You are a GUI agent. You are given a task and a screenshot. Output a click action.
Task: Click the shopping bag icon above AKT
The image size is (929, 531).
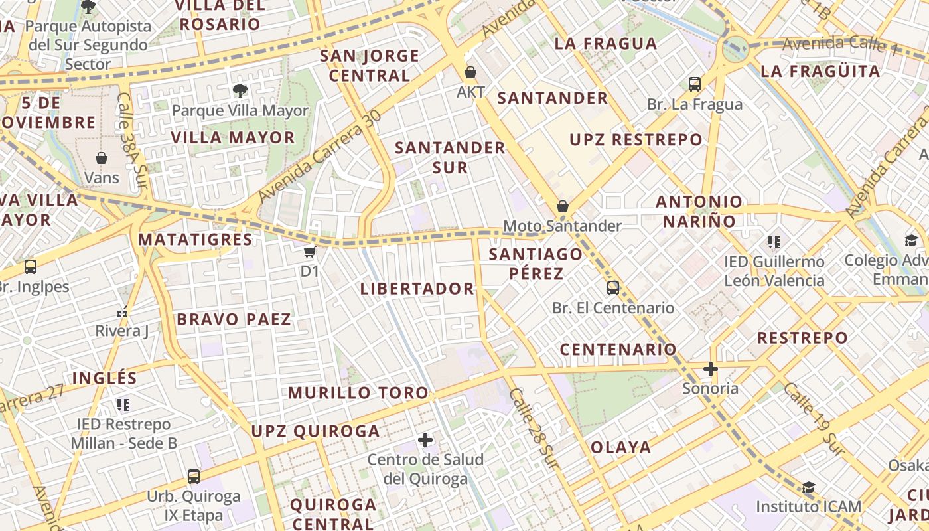(470, 72)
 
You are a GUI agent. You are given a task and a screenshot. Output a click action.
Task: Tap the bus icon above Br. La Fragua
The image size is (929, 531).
(695, 84)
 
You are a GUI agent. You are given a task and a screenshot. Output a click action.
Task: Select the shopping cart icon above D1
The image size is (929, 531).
(309, 252)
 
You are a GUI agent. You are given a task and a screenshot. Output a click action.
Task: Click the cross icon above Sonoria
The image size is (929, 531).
(711, 368)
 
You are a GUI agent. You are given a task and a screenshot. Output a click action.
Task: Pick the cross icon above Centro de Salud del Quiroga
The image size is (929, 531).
(425, 439)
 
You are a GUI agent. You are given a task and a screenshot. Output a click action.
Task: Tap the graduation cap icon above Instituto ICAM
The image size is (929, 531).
(808, 488)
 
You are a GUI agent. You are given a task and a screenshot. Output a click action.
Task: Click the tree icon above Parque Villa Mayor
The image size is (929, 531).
(240, 90)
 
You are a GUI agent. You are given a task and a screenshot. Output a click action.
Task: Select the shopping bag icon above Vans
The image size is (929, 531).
(102, 158)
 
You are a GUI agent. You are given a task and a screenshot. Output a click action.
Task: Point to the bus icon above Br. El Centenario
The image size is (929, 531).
(613, 288)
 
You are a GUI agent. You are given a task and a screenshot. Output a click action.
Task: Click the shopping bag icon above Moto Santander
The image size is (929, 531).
(563, 206)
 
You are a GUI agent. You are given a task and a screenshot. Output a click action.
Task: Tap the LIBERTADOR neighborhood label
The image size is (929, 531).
(417, 289)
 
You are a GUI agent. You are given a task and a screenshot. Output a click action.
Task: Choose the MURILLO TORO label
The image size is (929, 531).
(358, 392)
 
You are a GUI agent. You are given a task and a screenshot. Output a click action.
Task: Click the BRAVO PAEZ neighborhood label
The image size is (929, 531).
(234, 319)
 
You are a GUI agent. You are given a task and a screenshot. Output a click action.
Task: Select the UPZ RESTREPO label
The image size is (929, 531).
(636, 139)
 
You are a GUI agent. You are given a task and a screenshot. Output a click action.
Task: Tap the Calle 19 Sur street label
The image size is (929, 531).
(814, 419)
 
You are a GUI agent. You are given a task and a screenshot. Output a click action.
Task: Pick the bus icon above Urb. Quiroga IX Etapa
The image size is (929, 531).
(194, 476)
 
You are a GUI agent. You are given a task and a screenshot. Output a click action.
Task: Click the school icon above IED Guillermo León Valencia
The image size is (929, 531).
(774, 242)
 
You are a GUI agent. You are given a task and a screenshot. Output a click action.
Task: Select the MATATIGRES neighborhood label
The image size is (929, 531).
(195, 240)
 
